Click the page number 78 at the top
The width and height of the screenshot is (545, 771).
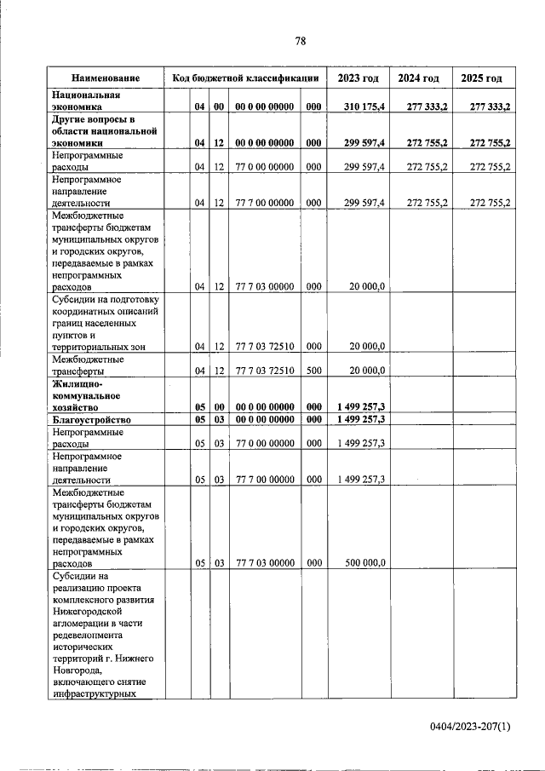(x=300, y=40)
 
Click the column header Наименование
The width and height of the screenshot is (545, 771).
(x=106, y=78)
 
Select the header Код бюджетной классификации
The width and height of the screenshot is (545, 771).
(x=245, y=78)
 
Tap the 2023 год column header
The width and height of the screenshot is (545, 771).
(x=359, y=78)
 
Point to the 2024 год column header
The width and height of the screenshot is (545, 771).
(x=419, y=78)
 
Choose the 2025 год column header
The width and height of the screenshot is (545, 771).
(x=481, y=78)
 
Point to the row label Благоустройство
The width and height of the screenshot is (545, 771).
(x=92, y=420)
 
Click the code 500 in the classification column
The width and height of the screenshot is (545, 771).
(x=313, y=371)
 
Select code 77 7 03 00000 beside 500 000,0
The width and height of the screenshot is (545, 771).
(x=265, y=562)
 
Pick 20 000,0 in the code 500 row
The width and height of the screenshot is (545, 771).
(x=367, y=371)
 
